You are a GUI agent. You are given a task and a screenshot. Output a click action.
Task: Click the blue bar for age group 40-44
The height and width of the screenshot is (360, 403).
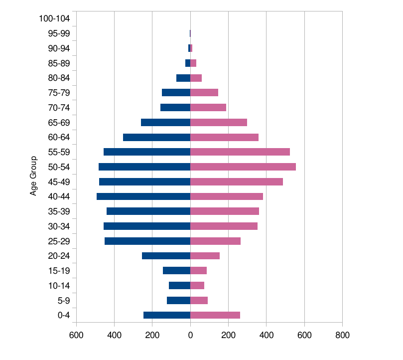[143, 196]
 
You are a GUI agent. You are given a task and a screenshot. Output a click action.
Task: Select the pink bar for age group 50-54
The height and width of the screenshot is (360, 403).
[243, 167]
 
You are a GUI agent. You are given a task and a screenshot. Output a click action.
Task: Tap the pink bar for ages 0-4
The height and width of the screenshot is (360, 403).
[215, 315]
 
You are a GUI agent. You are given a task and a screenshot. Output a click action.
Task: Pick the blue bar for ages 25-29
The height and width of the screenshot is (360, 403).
[147, 241]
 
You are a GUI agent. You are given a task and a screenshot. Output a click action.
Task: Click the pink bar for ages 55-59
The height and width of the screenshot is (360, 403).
[240, 152]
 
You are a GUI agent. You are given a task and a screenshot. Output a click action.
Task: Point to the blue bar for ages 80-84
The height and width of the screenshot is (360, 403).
[183, 78]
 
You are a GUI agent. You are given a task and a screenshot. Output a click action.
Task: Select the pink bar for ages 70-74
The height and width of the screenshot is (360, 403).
[208, 107]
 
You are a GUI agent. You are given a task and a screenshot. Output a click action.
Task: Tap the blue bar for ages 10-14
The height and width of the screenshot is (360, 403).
[179, 286]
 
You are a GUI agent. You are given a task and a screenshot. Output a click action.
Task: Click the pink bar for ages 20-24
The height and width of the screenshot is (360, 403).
[205, 256]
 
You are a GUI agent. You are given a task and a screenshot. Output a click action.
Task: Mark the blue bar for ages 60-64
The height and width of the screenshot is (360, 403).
[156, 137]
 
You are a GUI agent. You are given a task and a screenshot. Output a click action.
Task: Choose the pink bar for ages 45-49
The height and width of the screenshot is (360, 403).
[237, 181]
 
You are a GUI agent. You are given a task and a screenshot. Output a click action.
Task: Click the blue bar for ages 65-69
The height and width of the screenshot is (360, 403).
[165, 122]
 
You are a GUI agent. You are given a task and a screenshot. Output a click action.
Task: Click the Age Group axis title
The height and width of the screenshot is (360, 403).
[34, 176]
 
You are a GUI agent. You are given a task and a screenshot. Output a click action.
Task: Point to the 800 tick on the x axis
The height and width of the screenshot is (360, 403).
[342, 336]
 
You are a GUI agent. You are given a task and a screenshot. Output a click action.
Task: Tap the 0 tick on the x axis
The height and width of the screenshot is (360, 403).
[190, 336]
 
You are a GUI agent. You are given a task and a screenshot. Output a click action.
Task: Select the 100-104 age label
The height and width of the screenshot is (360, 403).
[54, 19]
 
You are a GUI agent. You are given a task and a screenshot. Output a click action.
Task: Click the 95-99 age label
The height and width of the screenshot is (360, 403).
[59, 34]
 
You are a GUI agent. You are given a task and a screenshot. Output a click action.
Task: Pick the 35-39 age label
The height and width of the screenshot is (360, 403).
[59, 211]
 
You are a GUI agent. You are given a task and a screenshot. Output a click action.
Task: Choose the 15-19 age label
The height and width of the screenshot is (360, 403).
[59, 271]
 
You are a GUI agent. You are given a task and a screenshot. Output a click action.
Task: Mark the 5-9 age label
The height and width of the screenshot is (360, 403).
[63, 301]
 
